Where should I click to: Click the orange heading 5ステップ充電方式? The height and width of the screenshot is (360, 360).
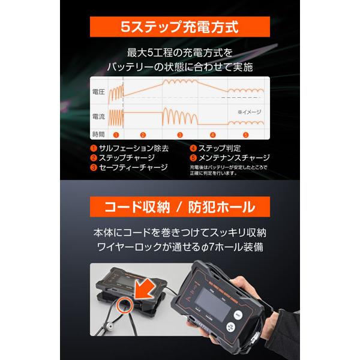click(180, 27)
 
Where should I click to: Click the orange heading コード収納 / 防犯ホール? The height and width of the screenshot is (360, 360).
click(180, 209)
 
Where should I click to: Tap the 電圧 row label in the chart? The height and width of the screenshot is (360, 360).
click(98, 92)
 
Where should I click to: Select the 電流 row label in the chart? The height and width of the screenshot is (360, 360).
click(98, 116)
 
